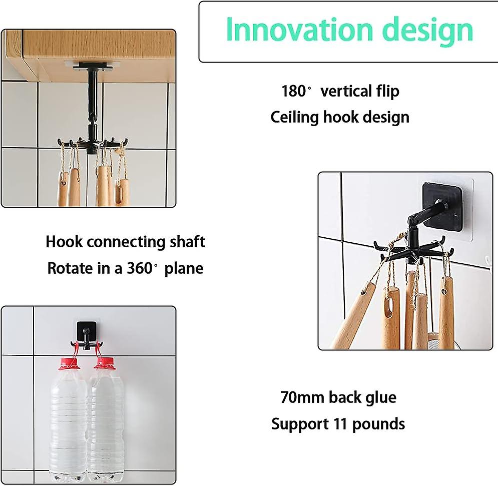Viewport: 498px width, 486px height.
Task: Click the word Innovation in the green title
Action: pos(299,30)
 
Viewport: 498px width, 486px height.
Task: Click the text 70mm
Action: pos(302,397)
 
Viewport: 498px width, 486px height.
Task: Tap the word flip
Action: pos(387,92)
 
